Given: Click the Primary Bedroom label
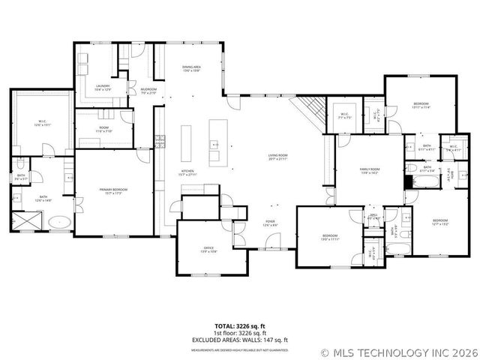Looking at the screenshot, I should click(113, 191).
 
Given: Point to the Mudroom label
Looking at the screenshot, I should click(148, 91).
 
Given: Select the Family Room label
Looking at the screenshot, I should click(368, 172).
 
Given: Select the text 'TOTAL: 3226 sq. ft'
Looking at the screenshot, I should click(239, 325).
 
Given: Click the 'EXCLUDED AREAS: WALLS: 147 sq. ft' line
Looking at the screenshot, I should click(239, 340).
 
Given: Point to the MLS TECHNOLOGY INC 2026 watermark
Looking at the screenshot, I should click(397, 352).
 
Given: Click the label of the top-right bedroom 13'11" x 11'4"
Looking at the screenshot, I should click(421, 105).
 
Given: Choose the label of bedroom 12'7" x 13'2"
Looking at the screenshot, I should click(439, 222).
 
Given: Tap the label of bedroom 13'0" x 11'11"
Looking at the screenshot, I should click(331, 237).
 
